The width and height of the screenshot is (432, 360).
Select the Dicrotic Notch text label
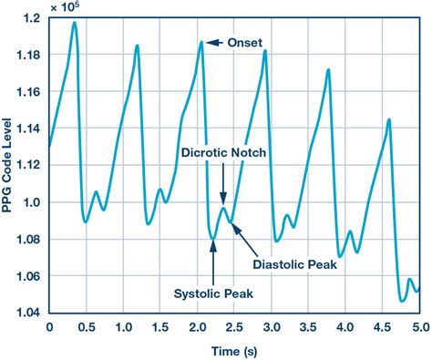point(223,153)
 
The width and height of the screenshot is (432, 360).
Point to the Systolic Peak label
point(213,294)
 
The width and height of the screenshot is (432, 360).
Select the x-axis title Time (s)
point(233,351)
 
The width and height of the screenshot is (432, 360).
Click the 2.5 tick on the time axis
point(234,326)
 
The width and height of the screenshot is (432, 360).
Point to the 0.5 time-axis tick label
point(86,326)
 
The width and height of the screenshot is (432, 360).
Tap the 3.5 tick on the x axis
point(308,326)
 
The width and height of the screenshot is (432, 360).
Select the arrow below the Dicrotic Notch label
point(223,182)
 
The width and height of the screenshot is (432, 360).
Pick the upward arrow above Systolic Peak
point(213,264)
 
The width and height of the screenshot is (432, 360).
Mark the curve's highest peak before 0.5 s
point(74,22)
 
